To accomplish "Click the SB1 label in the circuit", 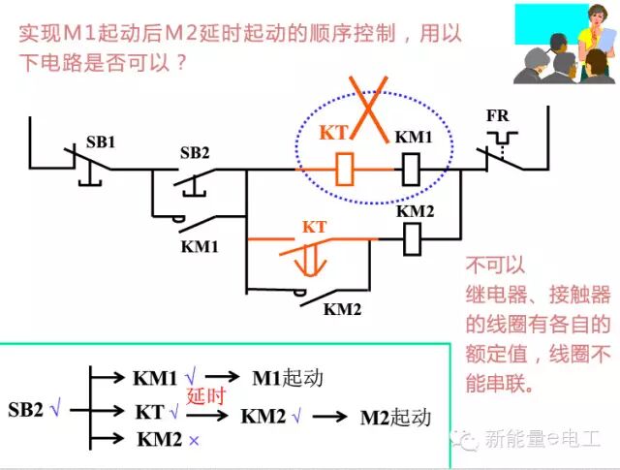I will pyautogui.click(x=102, y=141).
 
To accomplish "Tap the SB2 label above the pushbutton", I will pyautogui.click(x=195, y=152).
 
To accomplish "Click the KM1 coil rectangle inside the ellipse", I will pyautogui.click(x=411, y=172).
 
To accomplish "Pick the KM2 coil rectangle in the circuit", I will pyautogui.click(x=411, y=235).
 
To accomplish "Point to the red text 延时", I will pyautogui.click(x=205, y=395).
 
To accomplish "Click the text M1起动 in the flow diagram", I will pyautogui.click(x=288, y=378).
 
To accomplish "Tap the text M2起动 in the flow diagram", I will pyautogui.click(x=394, y=418).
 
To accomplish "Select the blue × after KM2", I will pyautogui.click(x=195, y=440).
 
